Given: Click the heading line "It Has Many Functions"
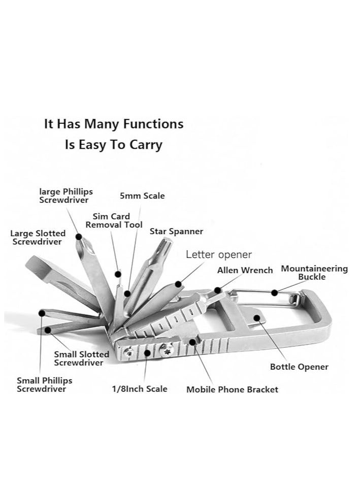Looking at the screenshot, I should pyautogui.click(x=113, y=123).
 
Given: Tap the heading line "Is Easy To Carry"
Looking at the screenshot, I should pyautogui.click(x=113, y=144).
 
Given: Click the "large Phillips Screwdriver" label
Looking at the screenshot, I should pyautogui.click(x=66, y=195).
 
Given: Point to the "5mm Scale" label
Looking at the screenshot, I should pyautogui.click(x=142, y=195).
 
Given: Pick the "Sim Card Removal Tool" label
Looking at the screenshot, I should pyautogui.click(x=114, y=220).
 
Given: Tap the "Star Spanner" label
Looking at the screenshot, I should pyautogui.click(x=176, y=232).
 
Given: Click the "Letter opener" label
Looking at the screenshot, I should pyautogui.click(x=218, y=254).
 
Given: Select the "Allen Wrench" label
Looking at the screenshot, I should pyautogui.click(x=245, y=270).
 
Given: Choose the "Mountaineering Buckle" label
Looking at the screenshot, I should pyautogui.click(x=314, y=273).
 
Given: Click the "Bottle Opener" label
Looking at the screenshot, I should pyautogui.click(x=299, y=367).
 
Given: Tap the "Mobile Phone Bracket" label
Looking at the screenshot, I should pyautogui.click(x=232, y=389).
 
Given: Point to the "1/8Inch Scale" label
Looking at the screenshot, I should pyautogui.click(x=140, y=389).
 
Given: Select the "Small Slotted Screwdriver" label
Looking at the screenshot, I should pyautogui.click(x=81, y=358).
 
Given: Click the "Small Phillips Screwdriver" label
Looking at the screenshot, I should pyautogui.click(x=45, y=384).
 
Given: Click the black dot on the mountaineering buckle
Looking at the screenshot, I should pyautogui.click(x=274, y=292).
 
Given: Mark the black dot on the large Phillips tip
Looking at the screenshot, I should pyautogui.click(x=79, y=236).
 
